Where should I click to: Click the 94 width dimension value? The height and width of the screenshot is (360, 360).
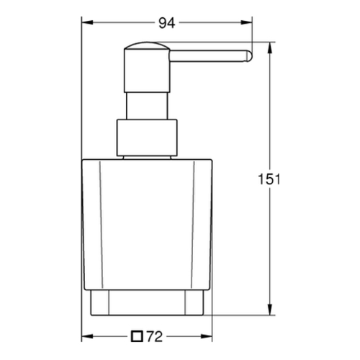[x=167, y=23]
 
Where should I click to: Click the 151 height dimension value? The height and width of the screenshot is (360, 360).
[x=269, y=179]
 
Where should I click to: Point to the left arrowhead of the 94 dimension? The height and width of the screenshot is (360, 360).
[x=87, y=22]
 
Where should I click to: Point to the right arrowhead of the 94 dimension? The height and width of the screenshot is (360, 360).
[x=247, y=22]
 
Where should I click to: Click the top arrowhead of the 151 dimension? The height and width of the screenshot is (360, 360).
[x=270, y=48]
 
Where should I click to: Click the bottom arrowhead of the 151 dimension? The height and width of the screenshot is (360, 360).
[x=270, y=310]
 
